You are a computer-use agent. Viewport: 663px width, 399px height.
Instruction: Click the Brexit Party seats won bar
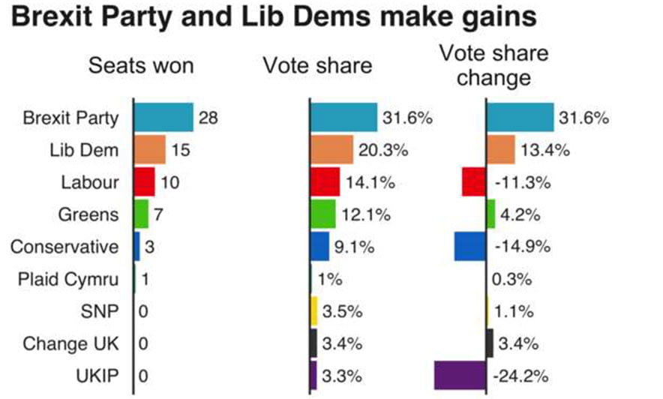tap(163, 118)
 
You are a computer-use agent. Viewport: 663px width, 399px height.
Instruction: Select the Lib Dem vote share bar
tap(331, 150)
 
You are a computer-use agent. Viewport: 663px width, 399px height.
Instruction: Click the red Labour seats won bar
tap(144, 181)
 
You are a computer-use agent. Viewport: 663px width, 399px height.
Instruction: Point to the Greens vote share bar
tap(323, 214)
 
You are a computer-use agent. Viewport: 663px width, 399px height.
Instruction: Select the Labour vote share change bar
tap(474, 181)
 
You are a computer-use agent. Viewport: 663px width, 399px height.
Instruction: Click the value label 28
tap(208, 118)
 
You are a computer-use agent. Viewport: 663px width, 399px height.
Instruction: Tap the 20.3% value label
tap(383, 150)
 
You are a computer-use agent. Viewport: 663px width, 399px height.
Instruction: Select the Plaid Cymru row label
tap(68, 279)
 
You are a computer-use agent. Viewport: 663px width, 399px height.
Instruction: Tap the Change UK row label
tap(71, 343)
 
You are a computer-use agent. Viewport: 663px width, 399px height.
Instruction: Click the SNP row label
tap(100, 310)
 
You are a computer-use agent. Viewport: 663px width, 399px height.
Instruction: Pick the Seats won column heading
tap(141, 65)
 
